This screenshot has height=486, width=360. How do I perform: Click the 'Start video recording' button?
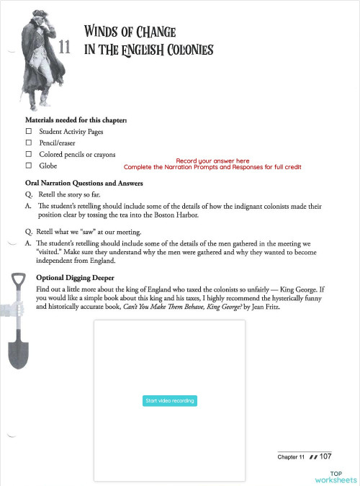pos(169,400)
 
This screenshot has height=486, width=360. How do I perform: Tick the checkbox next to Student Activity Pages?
pos(29,132)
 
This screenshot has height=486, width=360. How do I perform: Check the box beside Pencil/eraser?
pos(29,143)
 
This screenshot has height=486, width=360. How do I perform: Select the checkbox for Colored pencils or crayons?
pos(29,154)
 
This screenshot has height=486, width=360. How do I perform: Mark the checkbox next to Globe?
pos(29,165)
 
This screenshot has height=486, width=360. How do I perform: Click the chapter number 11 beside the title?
pos(64,48)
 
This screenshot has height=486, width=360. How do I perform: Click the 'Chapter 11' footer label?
pos(292,457)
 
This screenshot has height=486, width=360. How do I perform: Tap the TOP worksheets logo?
pos(335,476)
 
